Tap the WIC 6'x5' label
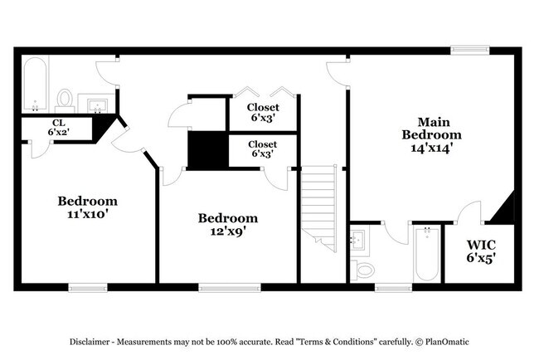click(x=481, y=251)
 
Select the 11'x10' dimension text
click(x=87, y=214)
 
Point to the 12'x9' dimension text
click(x=227, y=231)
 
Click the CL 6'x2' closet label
click(x=57, y=127)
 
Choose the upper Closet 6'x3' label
click(x=262, y=112)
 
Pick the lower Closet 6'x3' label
click(x=262, y=149)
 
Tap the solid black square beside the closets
click(x=207, y=149)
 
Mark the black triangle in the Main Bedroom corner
click(x=505, y=210)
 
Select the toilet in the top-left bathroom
click(x=65, y=100)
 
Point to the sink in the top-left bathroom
click(x=96, y=104)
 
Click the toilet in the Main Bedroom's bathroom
click(x=363, y=270)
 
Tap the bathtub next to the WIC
click(x=427, y=253)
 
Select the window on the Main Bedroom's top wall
click(x=469, y=51)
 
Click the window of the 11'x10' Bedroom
click(x=87, y=287)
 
